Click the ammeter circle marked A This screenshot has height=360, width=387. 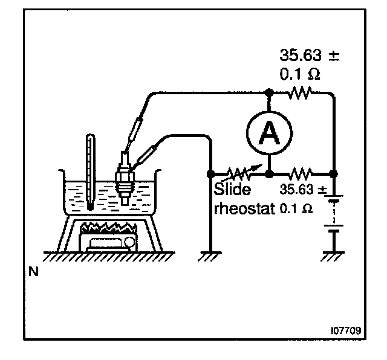[x=268, y=132]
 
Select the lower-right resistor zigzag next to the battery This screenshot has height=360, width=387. [x=301, y=173]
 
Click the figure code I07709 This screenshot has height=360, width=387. [x=345, y=331]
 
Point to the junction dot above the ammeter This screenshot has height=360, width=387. [x=268, y=93]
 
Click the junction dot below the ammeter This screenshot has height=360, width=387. [x=268, y=173]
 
